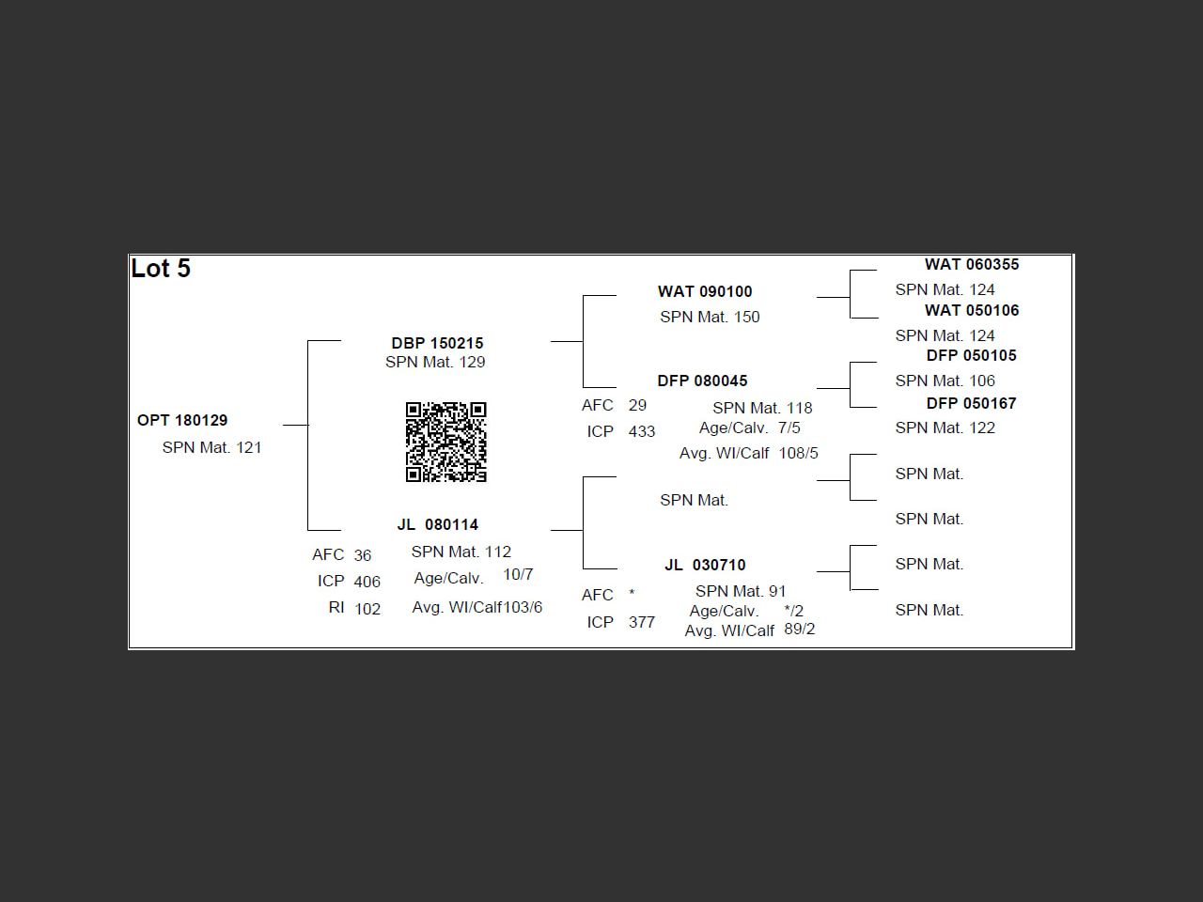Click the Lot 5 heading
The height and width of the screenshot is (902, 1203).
click(x=161, y=269)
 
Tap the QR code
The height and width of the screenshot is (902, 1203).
click(x=445, y=442)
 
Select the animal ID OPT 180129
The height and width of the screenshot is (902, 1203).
click(x=182, y=420)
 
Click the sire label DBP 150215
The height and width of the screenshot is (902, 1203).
click(x=437, y=343)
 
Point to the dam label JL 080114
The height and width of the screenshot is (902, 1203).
click(x=437, y=524)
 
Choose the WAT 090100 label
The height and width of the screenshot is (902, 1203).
click(x=705, y=291)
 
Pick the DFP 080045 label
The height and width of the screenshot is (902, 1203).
click(x=702, y=381)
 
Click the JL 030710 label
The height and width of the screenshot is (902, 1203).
click(x=705, y=565)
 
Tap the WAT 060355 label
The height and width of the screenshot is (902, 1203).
click(x=971, y=264)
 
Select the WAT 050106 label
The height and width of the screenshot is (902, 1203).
click(x=971, y=310)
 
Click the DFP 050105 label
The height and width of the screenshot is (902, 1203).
click(x=971, y=355)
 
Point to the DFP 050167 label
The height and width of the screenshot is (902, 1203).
click(x=971, y=403)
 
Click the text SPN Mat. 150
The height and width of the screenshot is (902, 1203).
click(x=710, y=317)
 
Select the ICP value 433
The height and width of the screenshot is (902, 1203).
click(x=642, y=431)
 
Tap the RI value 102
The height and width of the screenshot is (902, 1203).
click(x=367, y=609)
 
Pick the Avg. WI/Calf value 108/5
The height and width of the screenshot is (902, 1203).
click(x=798, y=453)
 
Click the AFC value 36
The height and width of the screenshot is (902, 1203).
click(x=363, y=555)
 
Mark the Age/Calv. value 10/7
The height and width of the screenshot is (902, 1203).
click(x=518, y=574)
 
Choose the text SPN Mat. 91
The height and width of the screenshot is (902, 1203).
click(x=741, y=591)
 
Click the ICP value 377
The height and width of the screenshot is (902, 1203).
click(x=642, y=622)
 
